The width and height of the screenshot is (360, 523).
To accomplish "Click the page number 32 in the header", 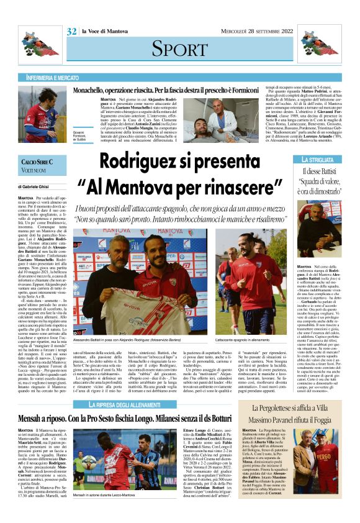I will pyautogui.click(x=71, y=32).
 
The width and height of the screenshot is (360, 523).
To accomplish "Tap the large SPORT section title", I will pyautogui.click(x=179, y=48).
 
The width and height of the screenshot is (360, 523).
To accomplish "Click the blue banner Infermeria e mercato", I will pyautogui.click(x=53, y=78).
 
